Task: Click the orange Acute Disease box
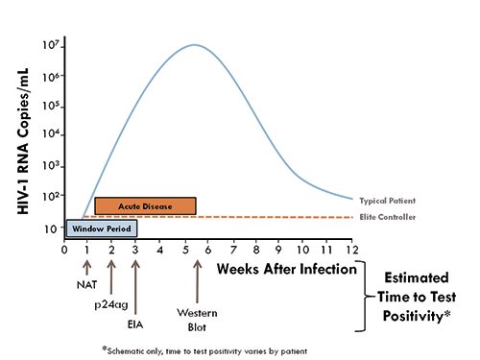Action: click(x=145, y=206)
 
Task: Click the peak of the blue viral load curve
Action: click(x=195, y=45)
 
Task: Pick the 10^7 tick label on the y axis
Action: click(x=54, y=45)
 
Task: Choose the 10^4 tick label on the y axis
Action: click(x=54, y=135)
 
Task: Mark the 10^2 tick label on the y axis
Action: click(x=54, y=196)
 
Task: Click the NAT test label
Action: click(x=87, y=283)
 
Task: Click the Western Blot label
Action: click(x=197, y=317)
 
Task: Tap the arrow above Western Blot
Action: click(x=197, y=279)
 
